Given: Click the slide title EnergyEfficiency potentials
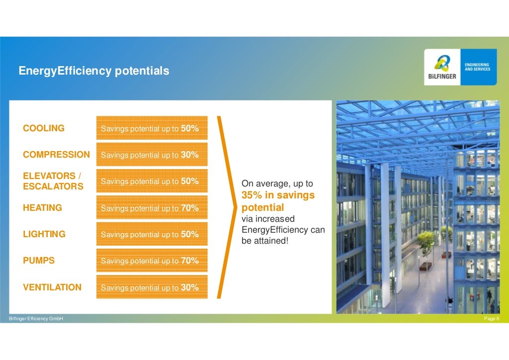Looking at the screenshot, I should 94,71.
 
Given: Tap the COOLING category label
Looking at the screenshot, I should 44,128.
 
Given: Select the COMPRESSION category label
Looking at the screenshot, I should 56,155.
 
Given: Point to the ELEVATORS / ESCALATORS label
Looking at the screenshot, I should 53,181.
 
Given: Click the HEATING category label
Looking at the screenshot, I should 42,208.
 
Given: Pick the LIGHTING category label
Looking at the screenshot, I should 44,234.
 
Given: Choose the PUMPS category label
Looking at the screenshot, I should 39,261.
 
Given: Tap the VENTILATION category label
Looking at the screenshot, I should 52,287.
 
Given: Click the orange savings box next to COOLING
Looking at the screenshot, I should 152,129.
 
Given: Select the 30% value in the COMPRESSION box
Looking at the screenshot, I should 190,155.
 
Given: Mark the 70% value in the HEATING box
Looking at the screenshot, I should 190,208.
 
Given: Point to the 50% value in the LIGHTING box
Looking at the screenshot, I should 190,234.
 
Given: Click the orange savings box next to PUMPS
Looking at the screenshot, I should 152,261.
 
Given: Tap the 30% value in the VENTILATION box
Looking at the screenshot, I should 190,287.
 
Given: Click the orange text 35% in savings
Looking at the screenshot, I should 278,196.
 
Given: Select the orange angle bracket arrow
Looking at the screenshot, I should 225,208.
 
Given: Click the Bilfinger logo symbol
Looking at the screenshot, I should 442,63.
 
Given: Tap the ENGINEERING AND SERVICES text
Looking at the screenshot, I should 477,67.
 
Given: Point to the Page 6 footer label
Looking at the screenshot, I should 492,319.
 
